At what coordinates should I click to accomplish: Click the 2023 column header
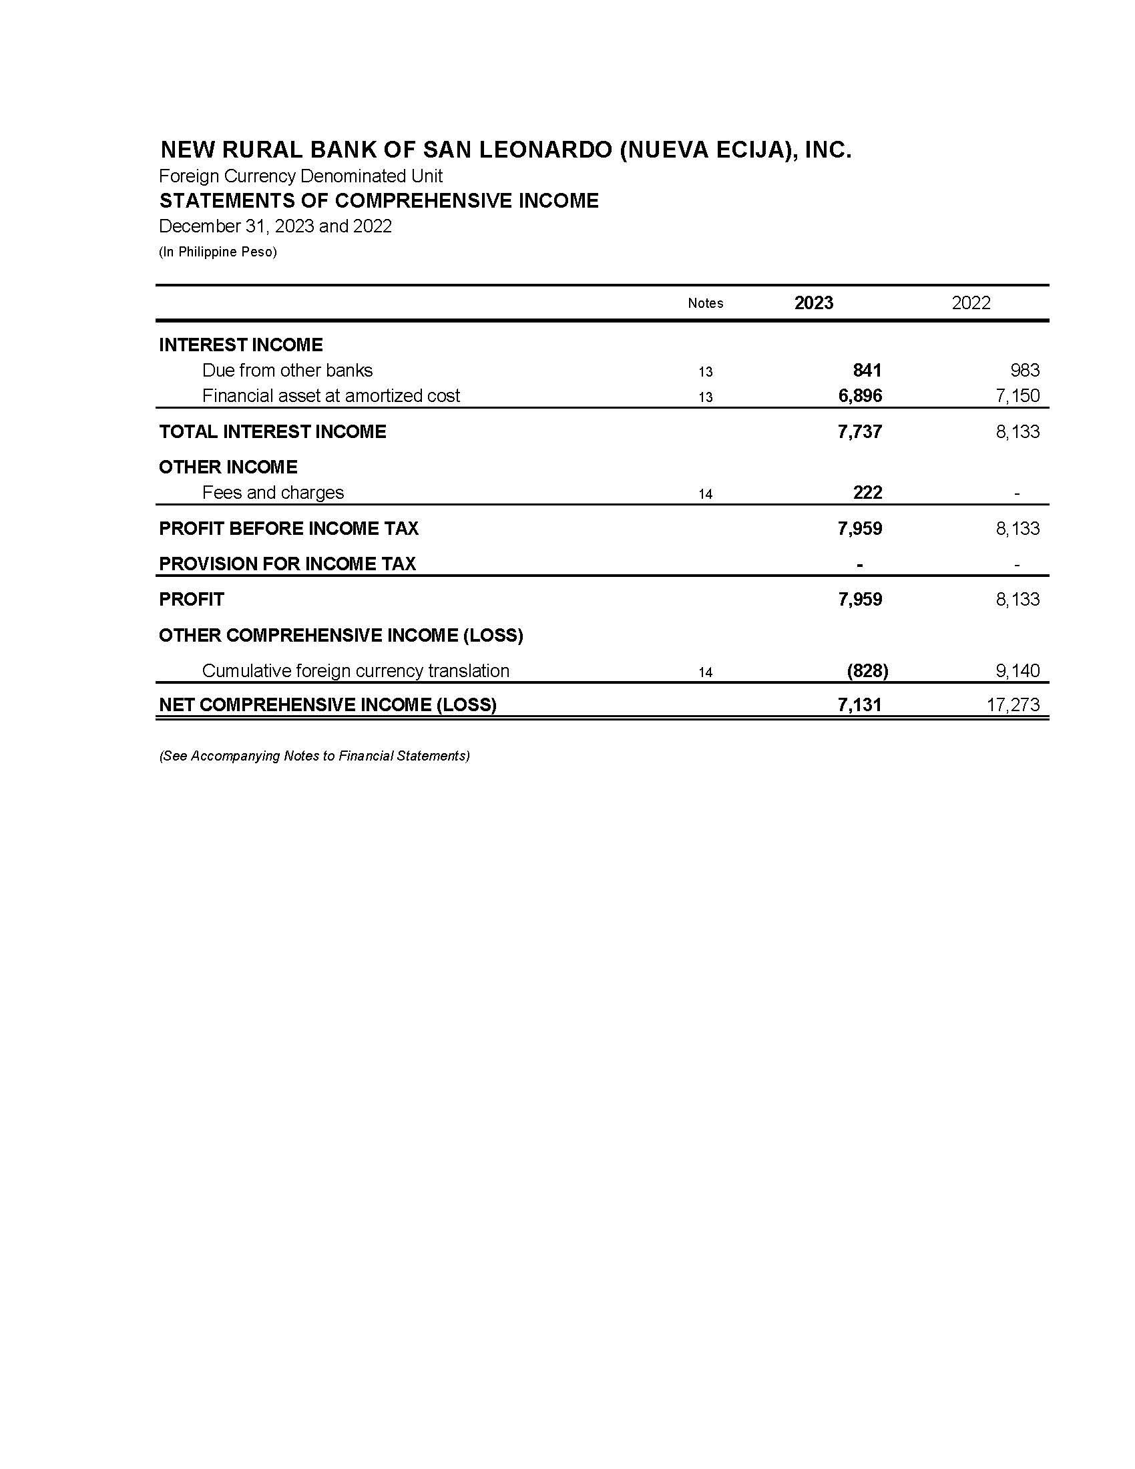(814, 302)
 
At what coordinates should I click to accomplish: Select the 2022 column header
(971, 302)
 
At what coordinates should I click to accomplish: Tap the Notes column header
(705, 303)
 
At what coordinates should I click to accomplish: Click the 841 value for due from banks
(867, 371)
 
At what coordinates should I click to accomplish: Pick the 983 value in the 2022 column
(1025, 371)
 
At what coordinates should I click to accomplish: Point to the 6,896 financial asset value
(860, 395)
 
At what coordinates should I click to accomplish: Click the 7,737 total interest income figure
(860, 432)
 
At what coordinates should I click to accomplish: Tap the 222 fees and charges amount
(867, 492)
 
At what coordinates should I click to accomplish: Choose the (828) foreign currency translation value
(867, 670)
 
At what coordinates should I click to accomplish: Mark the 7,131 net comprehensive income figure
(860, 705)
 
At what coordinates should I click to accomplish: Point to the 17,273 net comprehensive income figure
(1013, 705)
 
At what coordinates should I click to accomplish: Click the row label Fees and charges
(273, 493)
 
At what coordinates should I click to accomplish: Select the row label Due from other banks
(287, 371)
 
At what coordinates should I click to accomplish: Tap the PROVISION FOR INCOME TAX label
(287, 564)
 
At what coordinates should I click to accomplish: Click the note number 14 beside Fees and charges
(705, 494)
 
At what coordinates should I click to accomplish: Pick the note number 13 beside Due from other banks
(705, 372)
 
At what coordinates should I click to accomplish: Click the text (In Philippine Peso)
(218, 252)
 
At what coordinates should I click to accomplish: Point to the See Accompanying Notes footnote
(314, 756)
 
